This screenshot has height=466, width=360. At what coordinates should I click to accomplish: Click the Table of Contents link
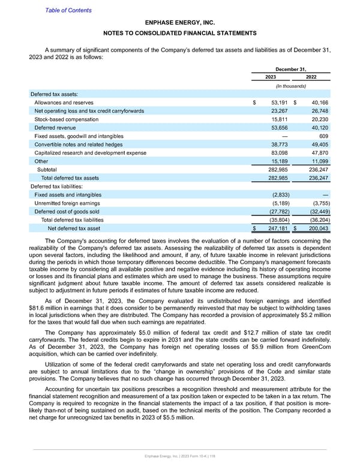click(68, 10)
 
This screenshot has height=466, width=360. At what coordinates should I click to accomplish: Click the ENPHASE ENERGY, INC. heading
click(180, 22)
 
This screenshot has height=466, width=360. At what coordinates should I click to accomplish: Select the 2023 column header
click(271, 77)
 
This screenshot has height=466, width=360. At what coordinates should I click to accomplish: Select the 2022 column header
click(312, 77)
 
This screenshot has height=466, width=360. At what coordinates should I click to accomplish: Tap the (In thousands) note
click(291, 86)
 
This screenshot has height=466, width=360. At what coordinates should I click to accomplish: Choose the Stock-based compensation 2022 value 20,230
click(317, 120)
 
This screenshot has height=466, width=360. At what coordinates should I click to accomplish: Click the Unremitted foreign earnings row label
click(67, 203)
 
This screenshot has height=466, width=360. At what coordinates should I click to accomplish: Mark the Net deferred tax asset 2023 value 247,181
click(278, 228)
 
